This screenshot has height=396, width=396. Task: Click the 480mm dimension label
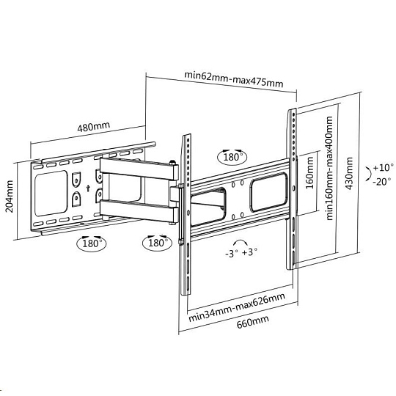coord(93,127)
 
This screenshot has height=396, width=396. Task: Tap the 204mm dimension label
coord(9,197)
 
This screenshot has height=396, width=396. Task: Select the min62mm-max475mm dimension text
coord(234,79)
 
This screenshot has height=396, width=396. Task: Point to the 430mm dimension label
coord(349,173)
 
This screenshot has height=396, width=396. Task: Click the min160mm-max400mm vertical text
coord(329,168)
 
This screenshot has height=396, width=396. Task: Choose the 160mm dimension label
coord(309,173)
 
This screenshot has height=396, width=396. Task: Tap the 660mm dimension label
coord(252,322)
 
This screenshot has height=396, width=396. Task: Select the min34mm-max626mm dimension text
coord(237,307)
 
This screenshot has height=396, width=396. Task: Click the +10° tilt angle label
coord(383,167)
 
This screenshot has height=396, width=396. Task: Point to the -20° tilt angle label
coord(381,181)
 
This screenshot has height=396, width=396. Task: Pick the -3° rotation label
coord(231,253)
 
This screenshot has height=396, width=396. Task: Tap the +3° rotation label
coord(250,252)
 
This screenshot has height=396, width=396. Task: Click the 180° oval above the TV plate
coord(232,157)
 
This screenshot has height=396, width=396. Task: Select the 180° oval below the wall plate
coord(92,243)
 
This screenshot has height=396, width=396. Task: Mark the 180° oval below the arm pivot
coord(158,243)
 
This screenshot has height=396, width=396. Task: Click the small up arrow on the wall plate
coord(88,188)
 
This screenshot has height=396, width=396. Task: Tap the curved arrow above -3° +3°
coord(241,241)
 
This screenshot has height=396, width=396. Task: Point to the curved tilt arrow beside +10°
coord(369,174)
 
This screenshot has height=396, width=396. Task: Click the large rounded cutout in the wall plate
coord(51,193)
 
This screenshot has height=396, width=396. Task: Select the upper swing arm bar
coord(139,169)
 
